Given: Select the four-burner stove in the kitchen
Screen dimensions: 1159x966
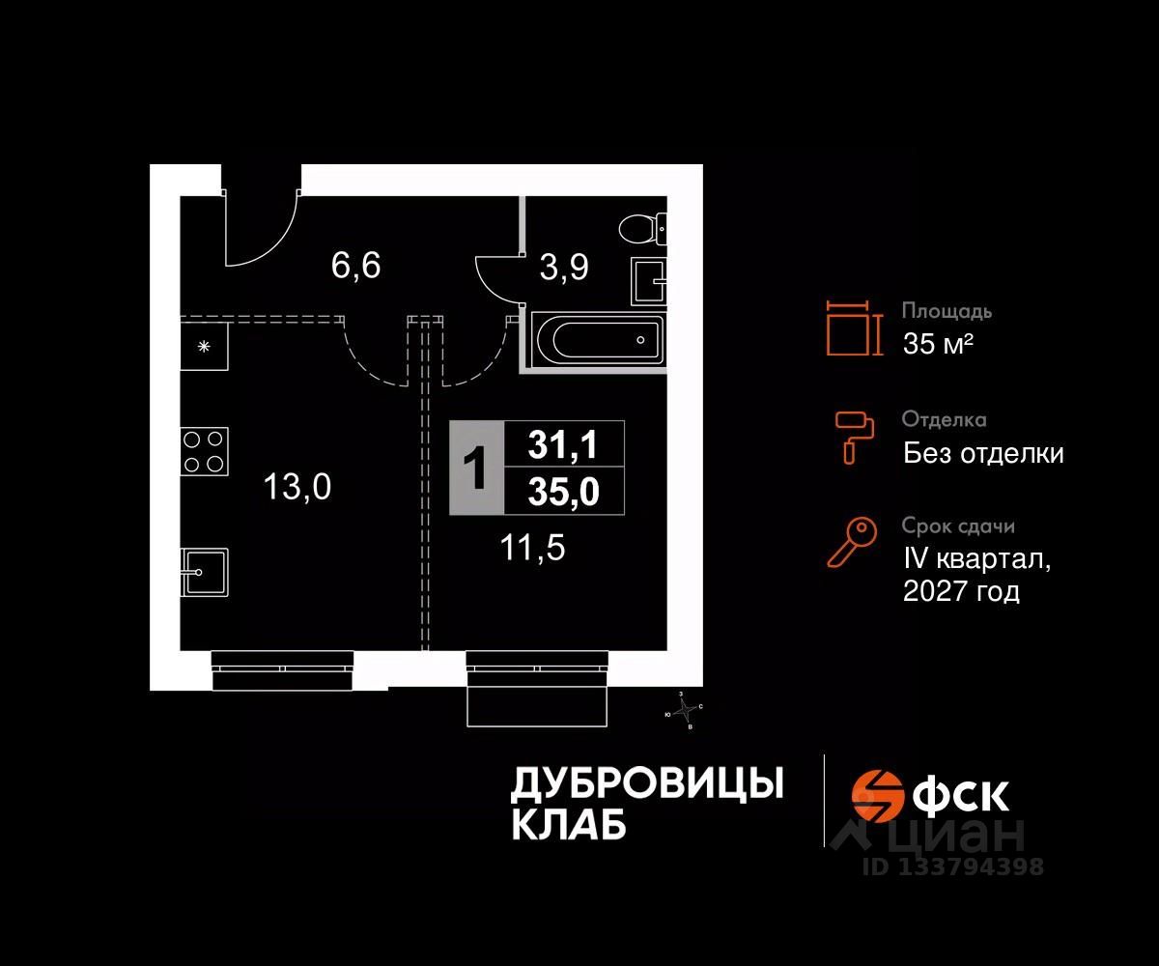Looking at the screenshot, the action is point(204,450).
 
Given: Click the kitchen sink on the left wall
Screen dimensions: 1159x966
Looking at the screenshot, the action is point(205,573).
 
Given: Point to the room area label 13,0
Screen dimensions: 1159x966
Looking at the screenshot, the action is point(297,488).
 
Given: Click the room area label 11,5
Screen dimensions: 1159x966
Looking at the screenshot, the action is point(532,549).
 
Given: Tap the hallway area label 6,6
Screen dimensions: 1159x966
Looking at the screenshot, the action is point(355,265).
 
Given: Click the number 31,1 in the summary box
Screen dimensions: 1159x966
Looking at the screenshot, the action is point(564,445).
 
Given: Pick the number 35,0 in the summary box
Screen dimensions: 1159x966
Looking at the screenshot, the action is point(564,493).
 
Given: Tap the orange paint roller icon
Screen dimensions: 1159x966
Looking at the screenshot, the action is point(854,435).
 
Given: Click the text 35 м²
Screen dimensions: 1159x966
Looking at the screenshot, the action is point(937,343).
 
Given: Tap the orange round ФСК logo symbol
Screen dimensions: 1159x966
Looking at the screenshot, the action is point(875,795).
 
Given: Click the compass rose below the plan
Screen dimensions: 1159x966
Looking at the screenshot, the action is point(685,711).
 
